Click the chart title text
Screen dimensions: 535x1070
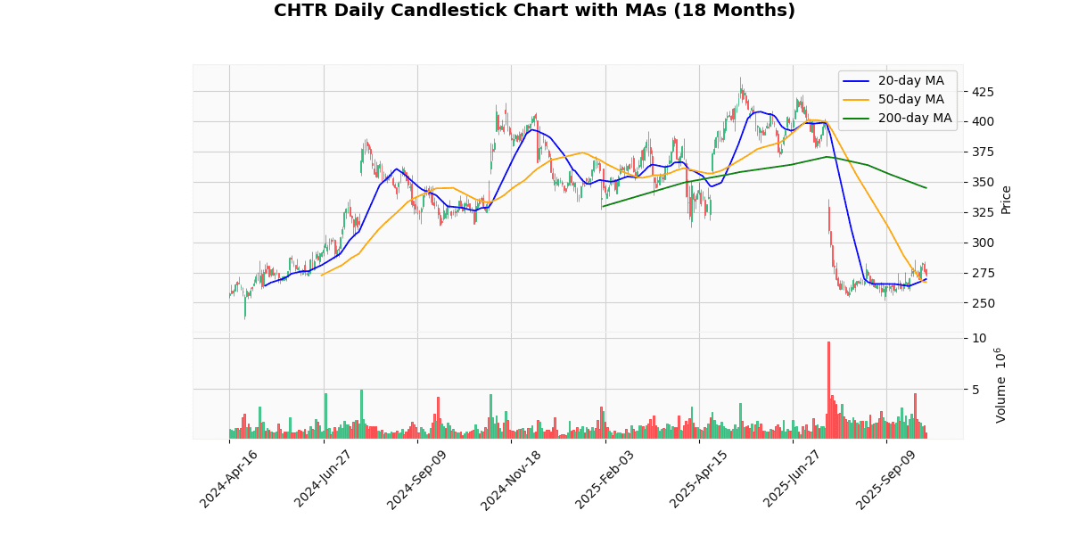click(534, 11)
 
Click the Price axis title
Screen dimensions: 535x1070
click(1006, 199)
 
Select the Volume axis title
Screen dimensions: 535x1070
click(1000, 385)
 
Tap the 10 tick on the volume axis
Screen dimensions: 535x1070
click(979, 338)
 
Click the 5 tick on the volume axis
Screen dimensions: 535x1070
click(979, 390)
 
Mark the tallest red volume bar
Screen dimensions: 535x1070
click(828, 390)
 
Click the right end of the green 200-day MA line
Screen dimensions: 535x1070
click(926, 188)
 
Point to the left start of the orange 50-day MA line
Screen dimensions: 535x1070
click(322, 275)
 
